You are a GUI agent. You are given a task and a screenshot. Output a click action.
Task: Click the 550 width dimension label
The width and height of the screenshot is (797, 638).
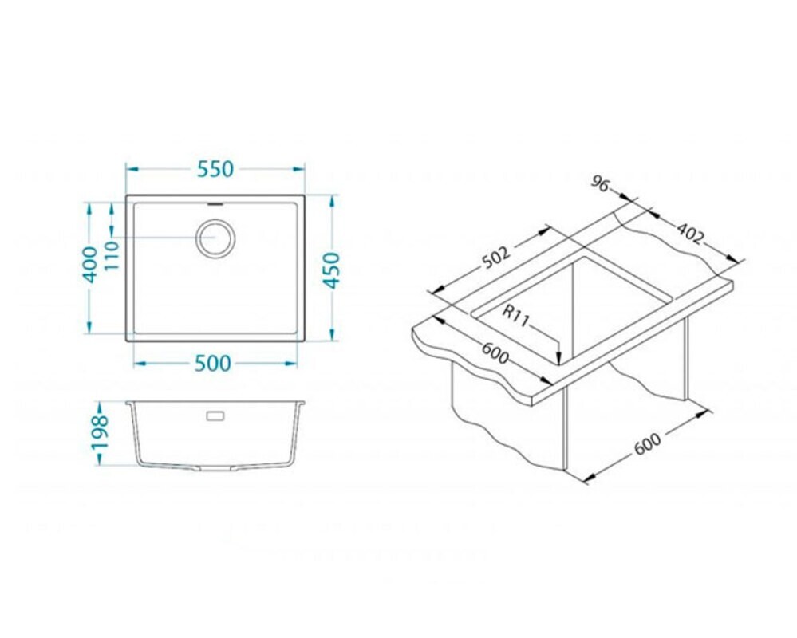(x=215, y=169)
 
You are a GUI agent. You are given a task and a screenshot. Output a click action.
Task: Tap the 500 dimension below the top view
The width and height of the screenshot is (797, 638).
(x=213, y=363)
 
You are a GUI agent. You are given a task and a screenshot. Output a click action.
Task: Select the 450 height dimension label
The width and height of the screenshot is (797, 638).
(x=332, y=270)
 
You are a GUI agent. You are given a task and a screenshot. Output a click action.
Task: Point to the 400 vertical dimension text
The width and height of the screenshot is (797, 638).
(x=91, y=264)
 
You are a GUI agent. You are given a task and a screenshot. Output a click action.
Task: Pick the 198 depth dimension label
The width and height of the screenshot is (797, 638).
(x=100, y=432)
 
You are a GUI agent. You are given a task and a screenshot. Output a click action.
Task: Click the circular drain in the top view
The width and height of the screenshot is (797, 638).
(x=215, y=237)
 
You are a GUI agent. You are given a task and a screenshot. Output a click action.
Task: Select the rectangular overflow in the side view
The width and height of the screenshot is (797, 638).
(x=215, y=416)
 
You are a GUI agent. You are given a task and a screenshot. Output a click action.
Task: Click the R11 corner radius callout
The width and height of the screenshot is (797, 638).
(x=515, y=316)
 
